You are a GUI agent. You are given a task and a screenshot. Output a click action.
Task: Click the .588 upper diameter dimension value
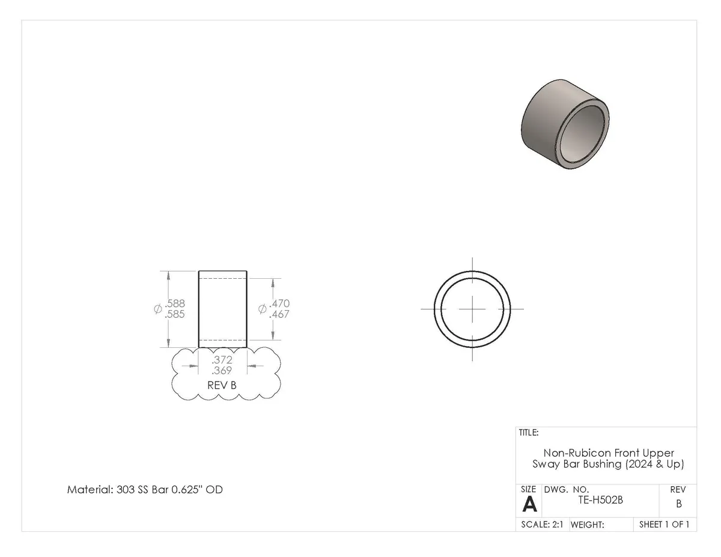(175, 303)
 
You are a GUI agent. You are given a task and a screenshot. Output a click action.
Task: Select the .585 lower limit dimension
(175, 314)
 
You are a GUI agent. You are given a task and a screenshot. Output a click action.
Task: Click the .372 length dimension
(222, 360)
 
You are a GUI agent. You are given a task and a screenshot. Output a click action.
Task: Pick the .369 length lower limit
(222, 371)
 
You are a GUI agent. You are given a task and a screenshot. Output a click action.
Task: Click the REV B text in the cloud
(222, 385)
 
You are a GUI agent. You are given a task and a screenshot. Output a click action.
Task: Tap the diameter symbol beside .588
(157, 309)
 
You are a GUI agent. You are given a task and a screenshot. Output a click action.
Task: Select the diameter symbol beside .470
(262, 309)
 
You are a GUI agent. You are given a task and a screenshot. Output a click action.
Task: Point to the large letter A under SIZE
(530, 504)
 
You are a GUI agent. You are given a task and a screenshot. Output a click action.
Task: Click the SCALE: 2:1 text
(542, 525)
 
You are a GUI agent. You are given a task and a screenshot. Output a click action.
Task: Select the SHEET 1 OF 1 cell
(664, 525)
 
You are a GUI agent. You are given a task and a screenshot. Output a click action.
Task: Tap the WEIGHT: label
(587, 525)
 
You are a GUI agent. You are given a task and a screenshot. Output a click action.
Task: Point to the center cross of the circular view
(473, 309)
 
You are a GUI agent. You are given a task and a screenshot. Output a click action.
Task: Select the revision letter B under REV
(679, 504)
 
